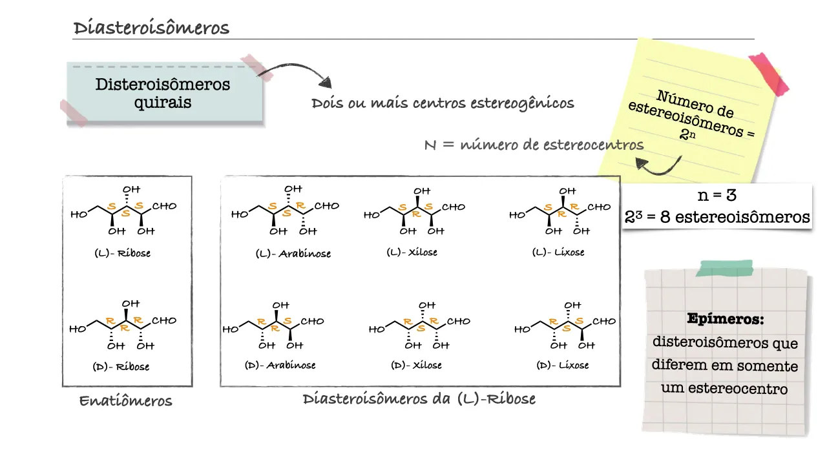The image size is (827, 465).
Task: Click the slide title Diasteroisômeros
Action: (151, 28)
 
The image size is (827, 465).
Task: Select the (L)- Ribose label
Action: (122, 253)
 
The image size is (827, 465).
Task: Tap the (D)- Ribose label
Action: (121, 366)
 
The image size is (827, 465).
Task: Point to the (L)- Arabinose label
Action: (293, 254)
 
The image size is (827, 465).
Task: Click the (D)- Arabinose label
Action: (280, 365)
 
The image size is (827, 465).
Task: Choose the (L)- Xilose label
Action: (412, 252)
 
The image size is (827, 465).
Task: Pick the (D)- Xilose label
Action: (416, 365)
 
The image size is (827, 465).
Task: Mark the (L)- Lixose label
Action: (558, 252)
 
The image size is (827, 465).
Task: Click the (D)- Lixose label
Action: (563, 365)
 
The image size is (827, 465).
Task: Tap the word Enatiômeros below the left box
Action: (125, 401)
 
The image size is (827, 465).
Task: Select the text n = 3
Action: (717, 195)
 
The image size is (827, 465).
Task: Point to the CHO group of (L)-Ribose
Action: (164, 206)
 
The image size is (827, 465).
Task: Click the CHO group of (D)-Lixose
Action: (604, 321)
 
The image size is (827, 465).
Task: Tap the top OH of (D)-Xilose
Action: (427, 305)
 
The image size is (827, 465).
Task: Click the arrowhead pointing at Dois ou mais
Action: (326, 83)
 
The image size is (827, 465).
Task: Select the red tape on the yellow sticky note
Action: (769, 73)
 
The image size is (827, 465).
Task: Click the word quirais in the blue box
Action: (162, 102)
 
